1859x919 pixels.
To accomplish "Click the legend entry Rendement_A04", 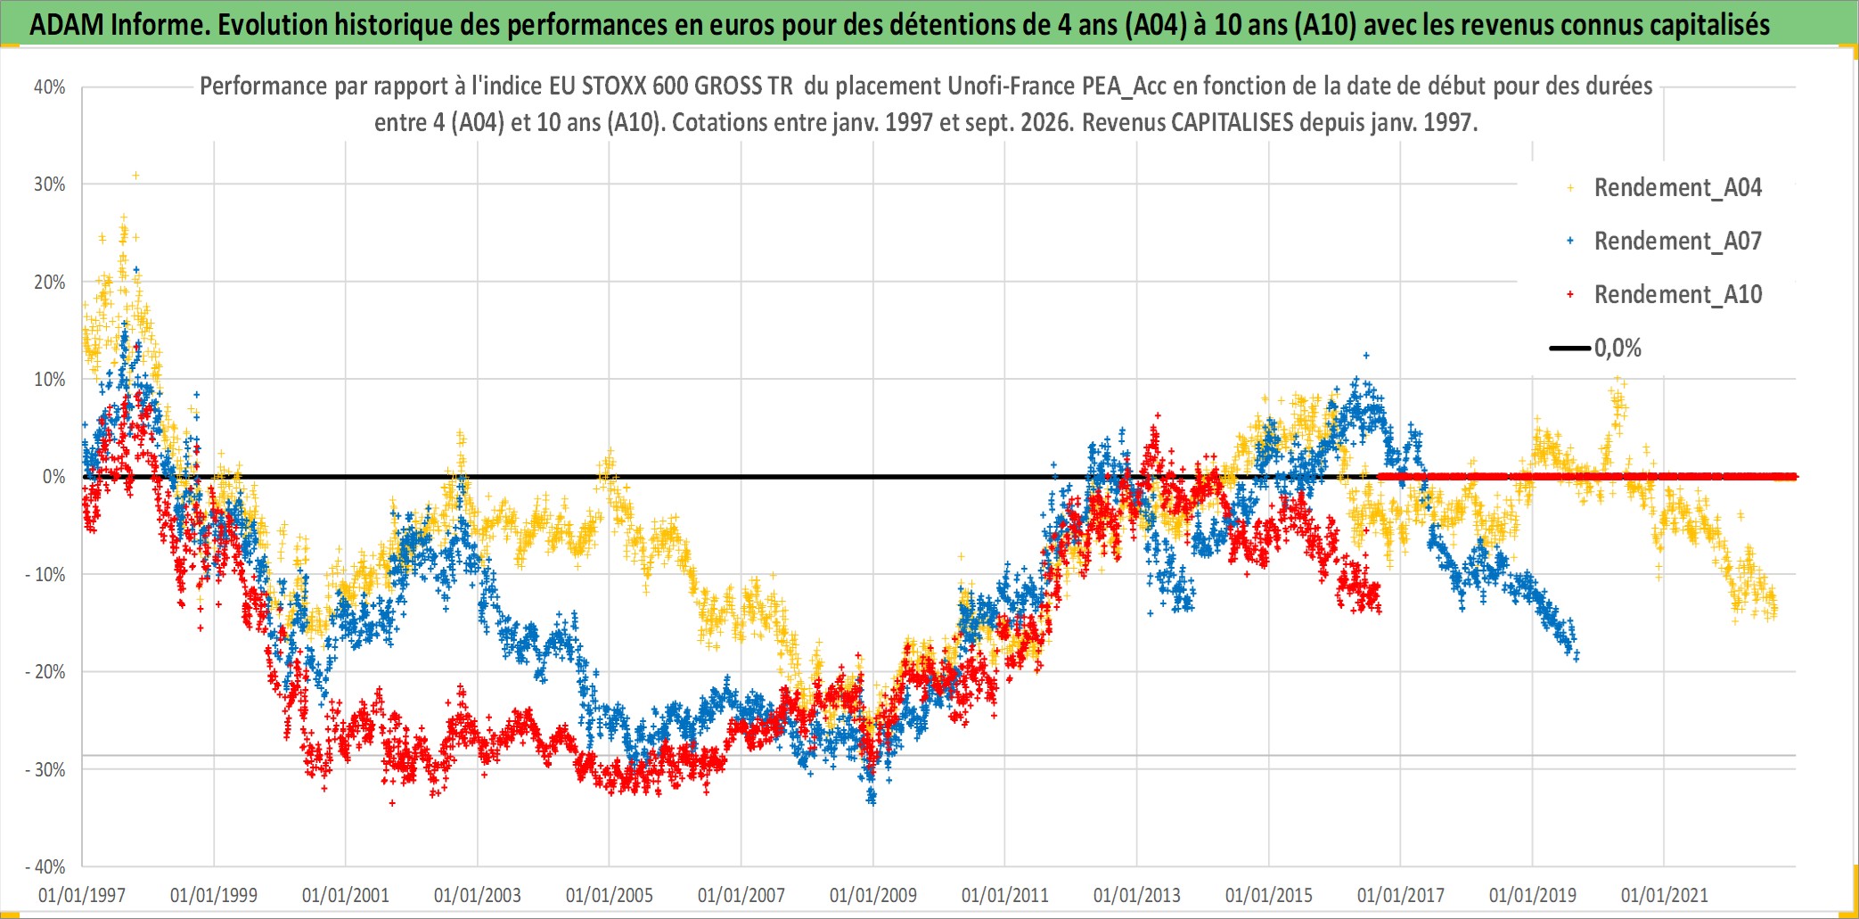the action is pyautogui.click(x=1665, y=188).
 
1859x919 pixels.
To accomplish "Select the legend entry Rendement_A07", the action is pyautogui.click(x=1665, y=242).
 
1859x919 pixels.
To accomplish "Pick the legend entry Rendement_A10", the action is pyautogui.click(x=1665, y=295).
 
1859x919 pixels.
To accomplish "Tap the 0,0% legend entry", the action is pyautogui.click(x=1595, y=349).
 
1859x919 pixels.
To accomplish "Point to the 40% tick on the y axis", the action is pyautogui.click(x=50, y=87).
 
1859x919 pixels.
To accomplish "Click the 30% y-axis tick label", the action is pyautogui.click(x=50, y=185).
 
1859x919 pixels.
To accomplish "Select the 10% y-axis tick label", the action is pyautogui.click(x=50, y=380).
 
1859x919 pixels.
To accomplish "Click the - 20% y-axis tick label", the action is pyautogui.click(x=45, y=672).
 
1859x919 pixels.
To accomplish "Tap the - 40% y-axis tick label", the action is pyautogui.click(x=45, y=867).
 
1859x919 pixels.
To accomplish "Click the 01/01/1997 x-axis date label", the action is pyautogui.click(x=82, y=895).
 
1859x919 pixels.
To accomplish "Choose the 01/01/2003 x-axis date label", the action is pyautogui.click(x=478, y=895).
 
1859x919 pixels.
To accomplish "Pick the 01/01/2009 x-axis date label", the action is pyautogui.click(x=873, y=895).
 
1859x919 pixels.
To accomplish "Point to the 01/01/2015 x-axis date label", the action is pyautogui.click(x=1269, y=895).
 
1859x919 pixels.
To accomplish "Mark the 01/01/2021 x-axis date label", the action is pyautogui.click(x=1665, y=895).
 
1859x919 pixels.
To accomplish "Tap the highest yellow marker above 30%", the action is pyautogui.click(x=135, y=176).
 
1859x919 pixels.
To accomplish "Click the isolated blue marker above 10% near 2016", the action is pyautogui.click(x=1366, y=356).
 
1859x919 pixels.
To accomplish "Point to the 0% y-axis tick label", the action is pyautogui.click(x=54, y=477).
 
